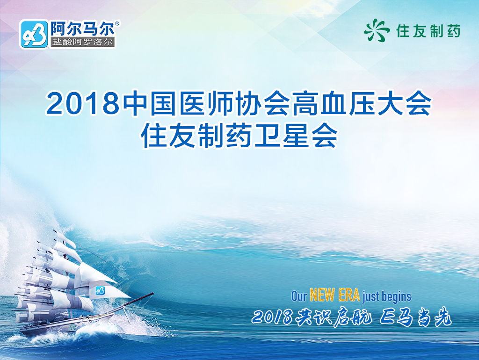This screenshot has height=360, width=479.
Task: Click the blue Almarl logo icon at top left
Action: pyautogui.click(x=34, y=34)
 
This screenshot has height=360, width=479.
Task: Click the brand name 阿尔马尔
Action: pyautogui.click(x=82, y=29)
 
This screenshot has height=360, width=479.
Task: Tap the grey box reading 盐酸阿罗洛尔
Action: pyautogui.click(x=82, y=42)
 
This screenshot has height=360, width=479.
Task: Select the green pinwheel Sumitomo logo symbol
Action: pyautogui.click(x=377, y=30)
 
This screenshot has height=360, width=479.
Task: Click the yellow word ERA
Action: pyautogui.click(x=349, y=295)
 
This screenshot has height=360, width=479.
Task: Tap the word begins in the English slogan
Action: pyautogui.click(x=396, y=297)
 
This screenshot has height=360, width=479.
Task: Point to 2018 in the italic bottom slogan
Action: pyautogui.click(x=272, y=317)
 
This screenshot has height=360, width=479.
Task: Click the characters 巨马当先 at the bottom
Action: pyautogui.click(x=415, y=317)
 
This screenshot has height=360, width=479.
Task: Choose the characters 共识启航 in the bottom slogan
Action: pyautogui.click(x=334, y=317)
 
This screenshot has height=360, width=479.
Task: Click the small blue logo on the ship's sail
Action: pyautogui.click(x=100, y=290)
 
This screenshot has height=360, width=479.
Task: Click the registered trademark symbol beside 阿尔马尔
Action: pyautogui.click(x=117, y=23)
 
